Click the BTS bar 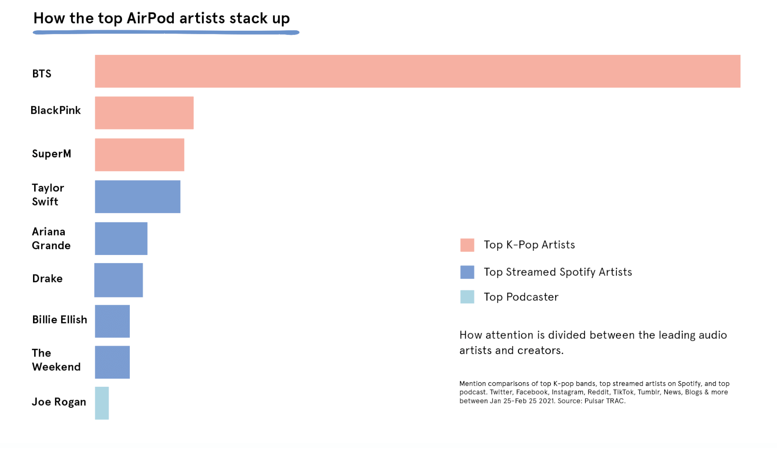pos(418,71)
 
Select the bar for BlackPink pos(144,113)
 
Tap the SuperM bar pos(139,155)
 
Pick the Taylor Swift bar pos(138,197)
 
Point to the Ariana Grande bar pos(121,239)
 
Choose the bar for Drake pos(118,280)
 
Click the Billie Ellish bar pos(112,321)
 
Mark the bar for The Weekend pos(112,362)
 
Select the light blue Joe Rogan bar pos(102,403)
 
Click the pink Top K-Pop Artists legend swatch pos(467,245)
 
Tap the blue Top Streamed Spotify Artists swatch pos(467,272)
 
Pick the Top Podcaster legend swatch pos(467,297)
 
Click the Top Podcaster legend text pos(521,297)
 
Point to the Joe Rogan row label pos(59,402)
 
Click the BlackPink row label pos(56,110)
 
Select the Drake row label pos(47,279)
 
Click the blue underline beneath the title pos(166,33)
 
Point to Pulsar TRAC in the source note pos(605,401)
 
